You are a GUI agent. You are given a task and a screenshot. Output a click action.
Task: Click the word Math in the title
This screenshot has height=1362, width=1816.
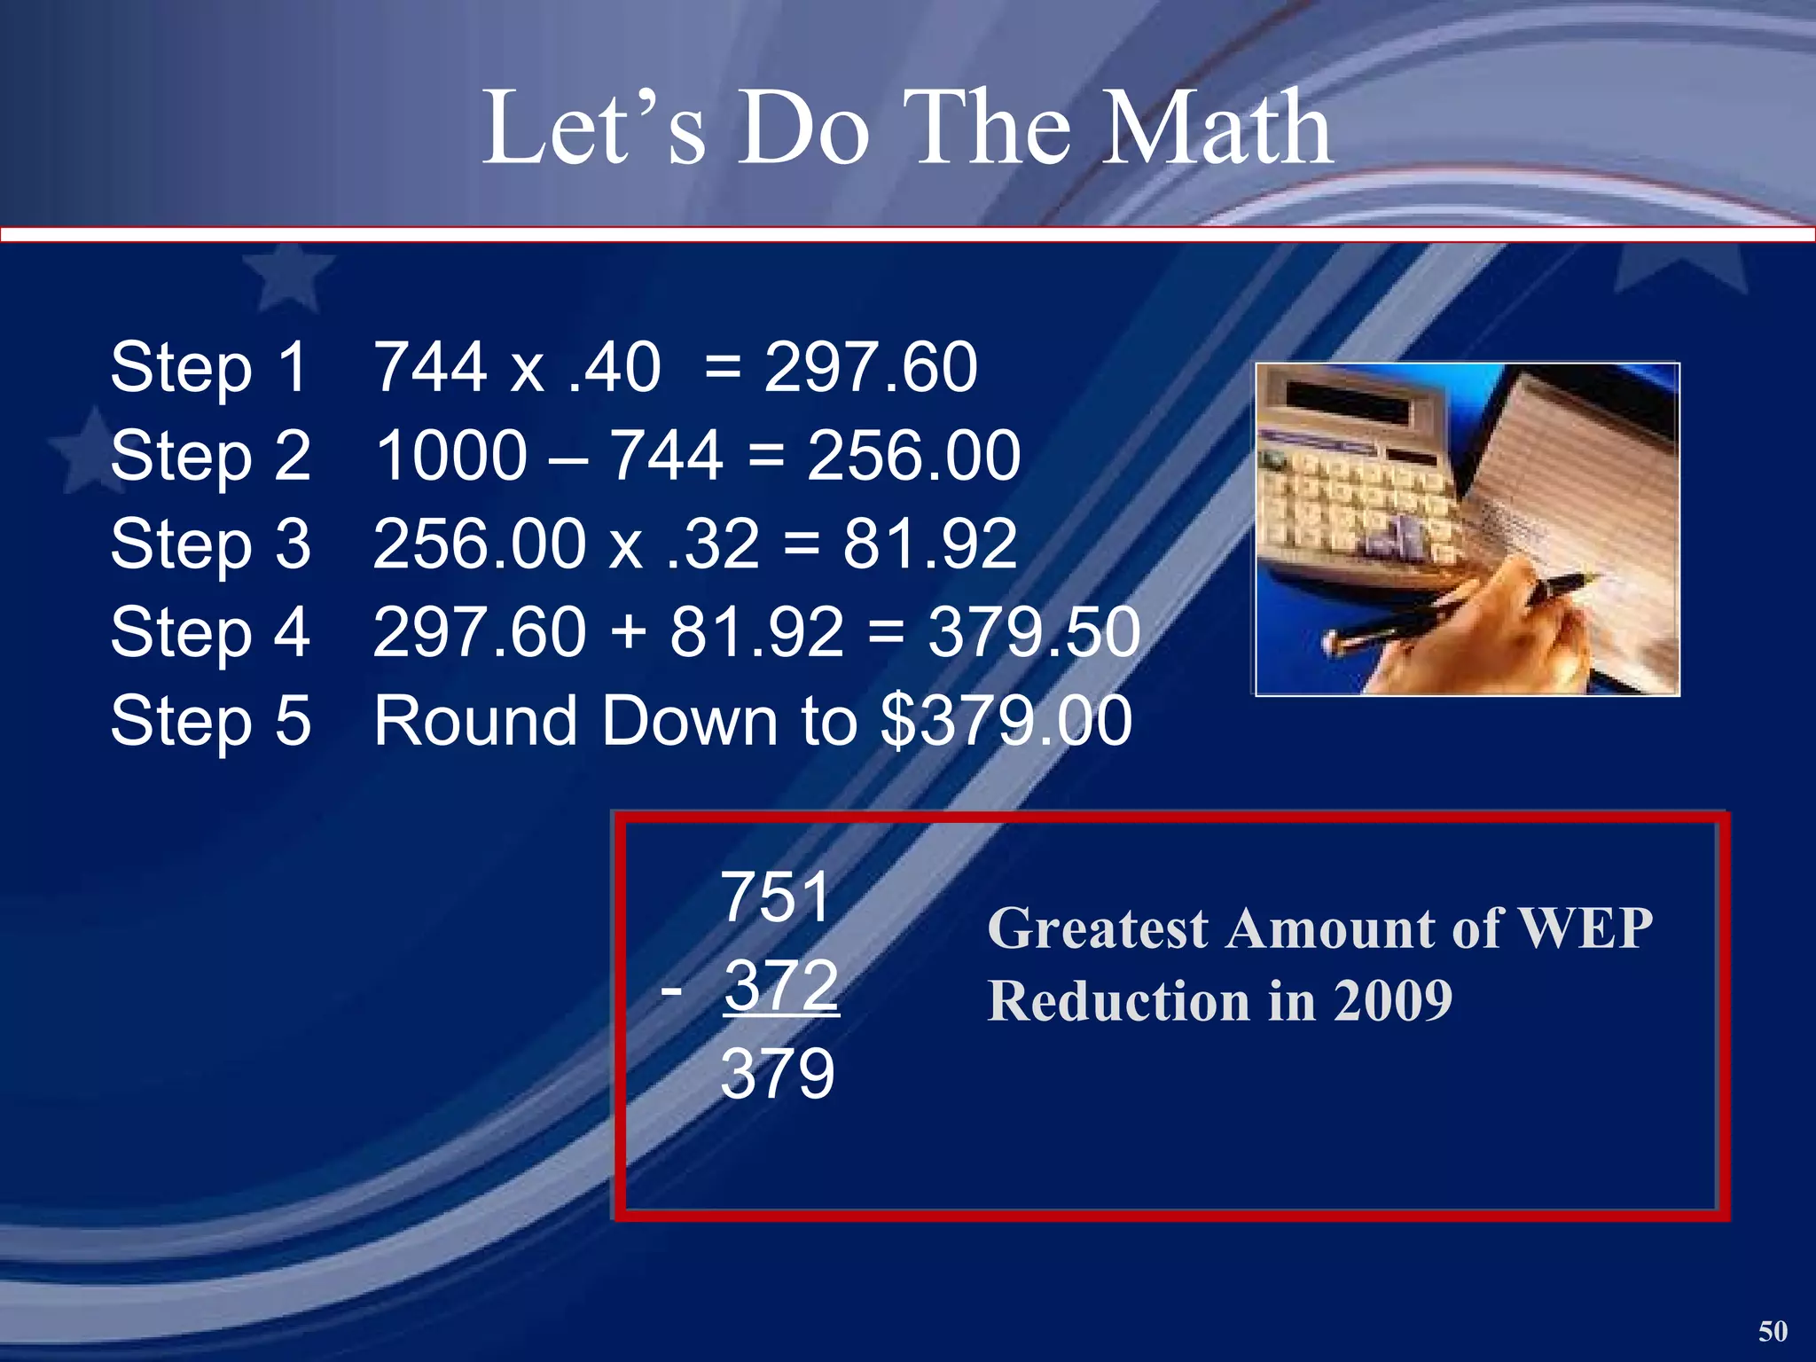coord(1215,129)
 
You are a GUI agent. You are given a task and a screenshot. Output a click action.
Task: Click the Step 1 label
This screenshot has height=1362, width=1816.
coord(209,367)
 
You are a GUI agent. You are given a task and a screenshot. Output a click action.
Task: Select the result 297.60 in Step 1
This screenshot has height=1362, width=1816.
coord(870,367)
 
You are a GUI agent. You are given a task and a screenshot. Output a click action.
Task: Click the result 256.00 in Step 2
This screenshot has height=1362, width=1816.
coord(913,455)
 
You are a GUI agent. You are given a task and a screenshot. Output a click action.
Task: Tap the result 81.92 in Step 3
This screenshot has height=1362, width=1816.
coord(929,543)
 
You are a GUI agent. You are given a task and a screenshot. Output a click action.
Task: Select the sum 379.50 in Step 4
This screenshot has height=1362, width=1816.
coord(1034,631)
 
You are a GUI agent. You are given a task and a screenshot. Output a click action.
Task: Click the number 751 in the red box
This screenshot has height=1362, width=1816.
coord(776,897)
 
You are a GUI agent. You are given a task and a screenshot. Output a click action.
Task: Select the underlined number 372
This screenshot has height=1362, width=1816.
coord(780,984)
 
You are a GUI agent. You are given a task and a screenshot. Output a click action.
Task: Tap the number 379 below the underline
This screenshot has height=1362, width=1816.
coord(778,1073)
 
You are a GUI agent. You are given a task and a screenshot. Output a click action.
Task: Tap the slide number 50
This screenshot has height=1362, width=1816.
coord(1773,1330)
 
